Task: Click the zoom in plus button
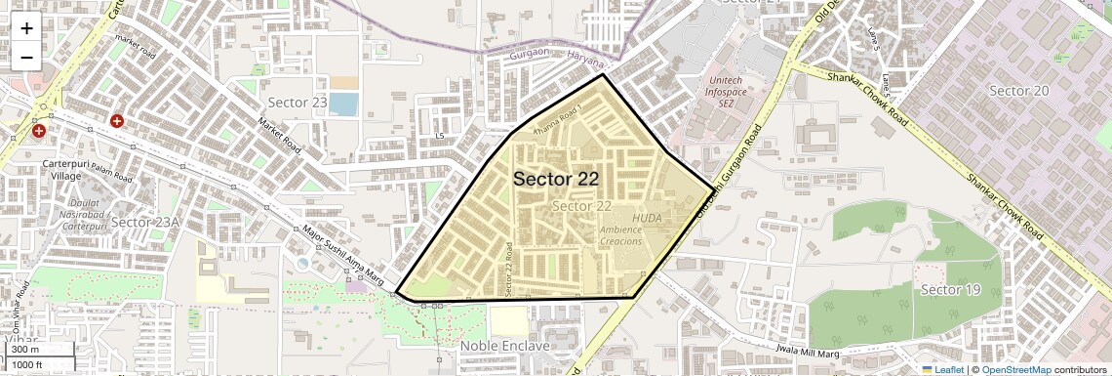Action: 26,27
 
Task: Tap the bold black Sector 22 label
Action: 555,179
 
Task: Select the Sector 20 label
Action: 1018,91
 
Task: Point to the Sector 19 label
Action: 950,291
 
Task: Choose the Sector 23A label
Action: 145,223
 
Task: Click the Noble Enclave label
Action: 505,346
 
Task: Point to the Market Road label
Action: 279,136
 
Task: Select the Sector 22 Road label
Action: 509,270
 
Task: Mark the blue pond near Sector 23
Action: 342,104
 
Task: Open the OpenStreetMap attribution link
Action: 1015,370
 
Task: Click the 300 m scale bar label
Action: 24,350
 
